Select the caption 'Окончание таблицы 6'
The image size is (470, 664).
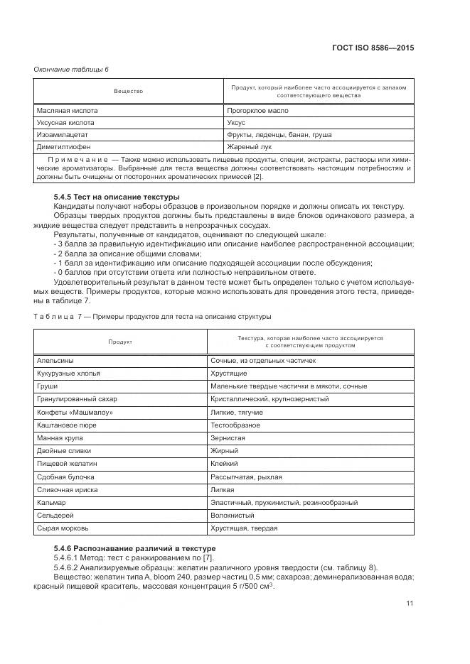point(71,68)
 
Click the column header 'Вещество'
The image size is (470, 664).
point(129,92)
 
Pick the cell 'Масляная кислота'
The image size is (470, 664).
point(68,111)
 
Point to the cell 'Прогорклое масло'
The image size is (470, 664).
point(257,111)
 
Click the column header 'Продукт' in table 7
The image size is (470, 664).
point(120,342)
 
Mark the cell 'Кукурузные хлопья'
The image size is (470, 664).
point(69,373)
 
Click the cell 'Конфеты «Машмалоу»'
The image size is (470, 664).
point(75,412)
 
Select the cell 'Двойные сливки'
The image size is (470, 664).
point(63,450)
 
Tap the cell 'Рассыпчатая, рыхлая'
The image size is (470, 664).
point(246,477)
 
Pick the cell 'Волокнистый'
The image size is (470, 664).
point(232,516)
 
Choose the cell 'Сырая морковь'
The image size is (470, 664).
point(63,528)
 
